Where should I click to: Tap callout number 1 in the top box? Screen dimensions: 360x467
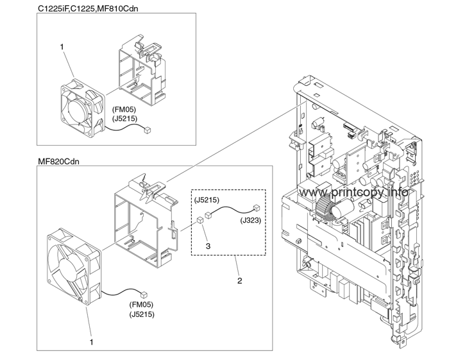[x=62, y=47]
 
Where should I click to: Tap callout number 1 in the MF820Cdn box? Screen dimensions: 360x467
[x=92, y=342]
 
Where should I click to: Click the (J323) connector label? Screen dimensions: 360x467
[x=250, y=220]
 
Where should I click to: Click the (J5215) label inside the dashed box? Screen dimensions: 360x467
[x=207, y=200]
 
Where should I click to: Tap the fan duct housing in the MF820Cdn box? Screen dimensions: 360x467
[x=144, y=218]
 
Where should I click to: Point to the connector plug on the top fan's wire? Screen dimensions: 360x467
[x=148, y=130]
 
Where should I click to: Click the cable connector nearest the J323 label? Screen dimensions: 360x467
[x=256, y=208]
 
